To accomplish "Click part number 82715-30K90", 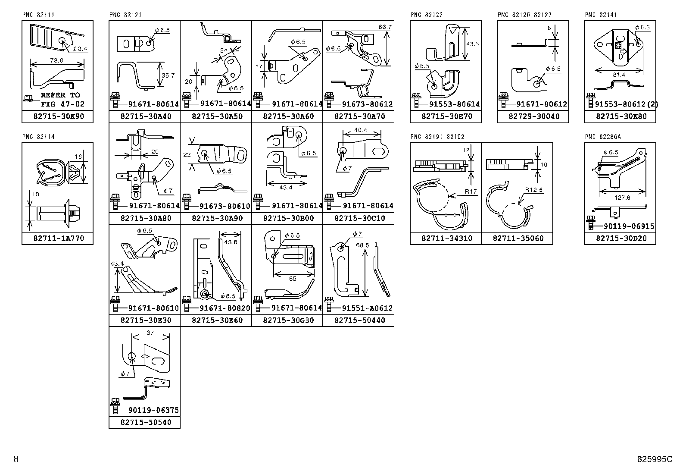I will tap(57, 116).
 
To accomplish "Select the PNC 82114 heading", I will tap(38, 137).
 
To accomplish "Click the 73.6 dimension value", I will tap(56, 61).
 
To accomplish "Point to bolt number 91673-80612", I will tap(367, 104).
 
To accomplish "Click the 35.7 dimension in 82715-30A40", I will tap(168, 75).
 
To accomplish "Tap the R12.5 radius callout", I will tap(533, 190).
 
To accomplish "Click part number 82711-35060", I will tap(517, 239).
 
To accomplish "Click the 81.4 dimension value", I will tap(619, 75).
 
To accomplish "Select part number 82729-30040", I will tap(534, 116).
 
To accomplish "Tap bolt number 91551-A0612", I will tap(367, 308).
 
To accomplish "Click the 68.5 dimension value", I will tap(362, 245).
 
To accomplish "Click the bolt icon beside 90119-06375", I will tap(115, 405).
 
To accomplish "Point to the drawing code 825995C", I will tap(655, 459).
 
